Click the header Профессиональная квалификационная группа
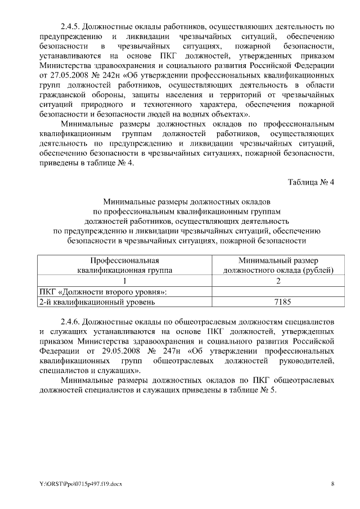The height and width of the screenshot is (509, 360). click(x=125, y=265)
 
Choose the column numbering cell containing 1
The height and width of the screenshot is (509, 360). click(x=125, y=281)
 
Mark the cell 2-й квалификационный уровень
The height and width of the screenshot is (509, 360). click(x=96, y=303)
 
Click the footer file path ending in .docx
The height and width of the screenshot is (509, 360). click(x=81, y=484)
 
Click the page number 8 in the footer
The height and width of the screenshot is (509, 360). click(x=332, y=484)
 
